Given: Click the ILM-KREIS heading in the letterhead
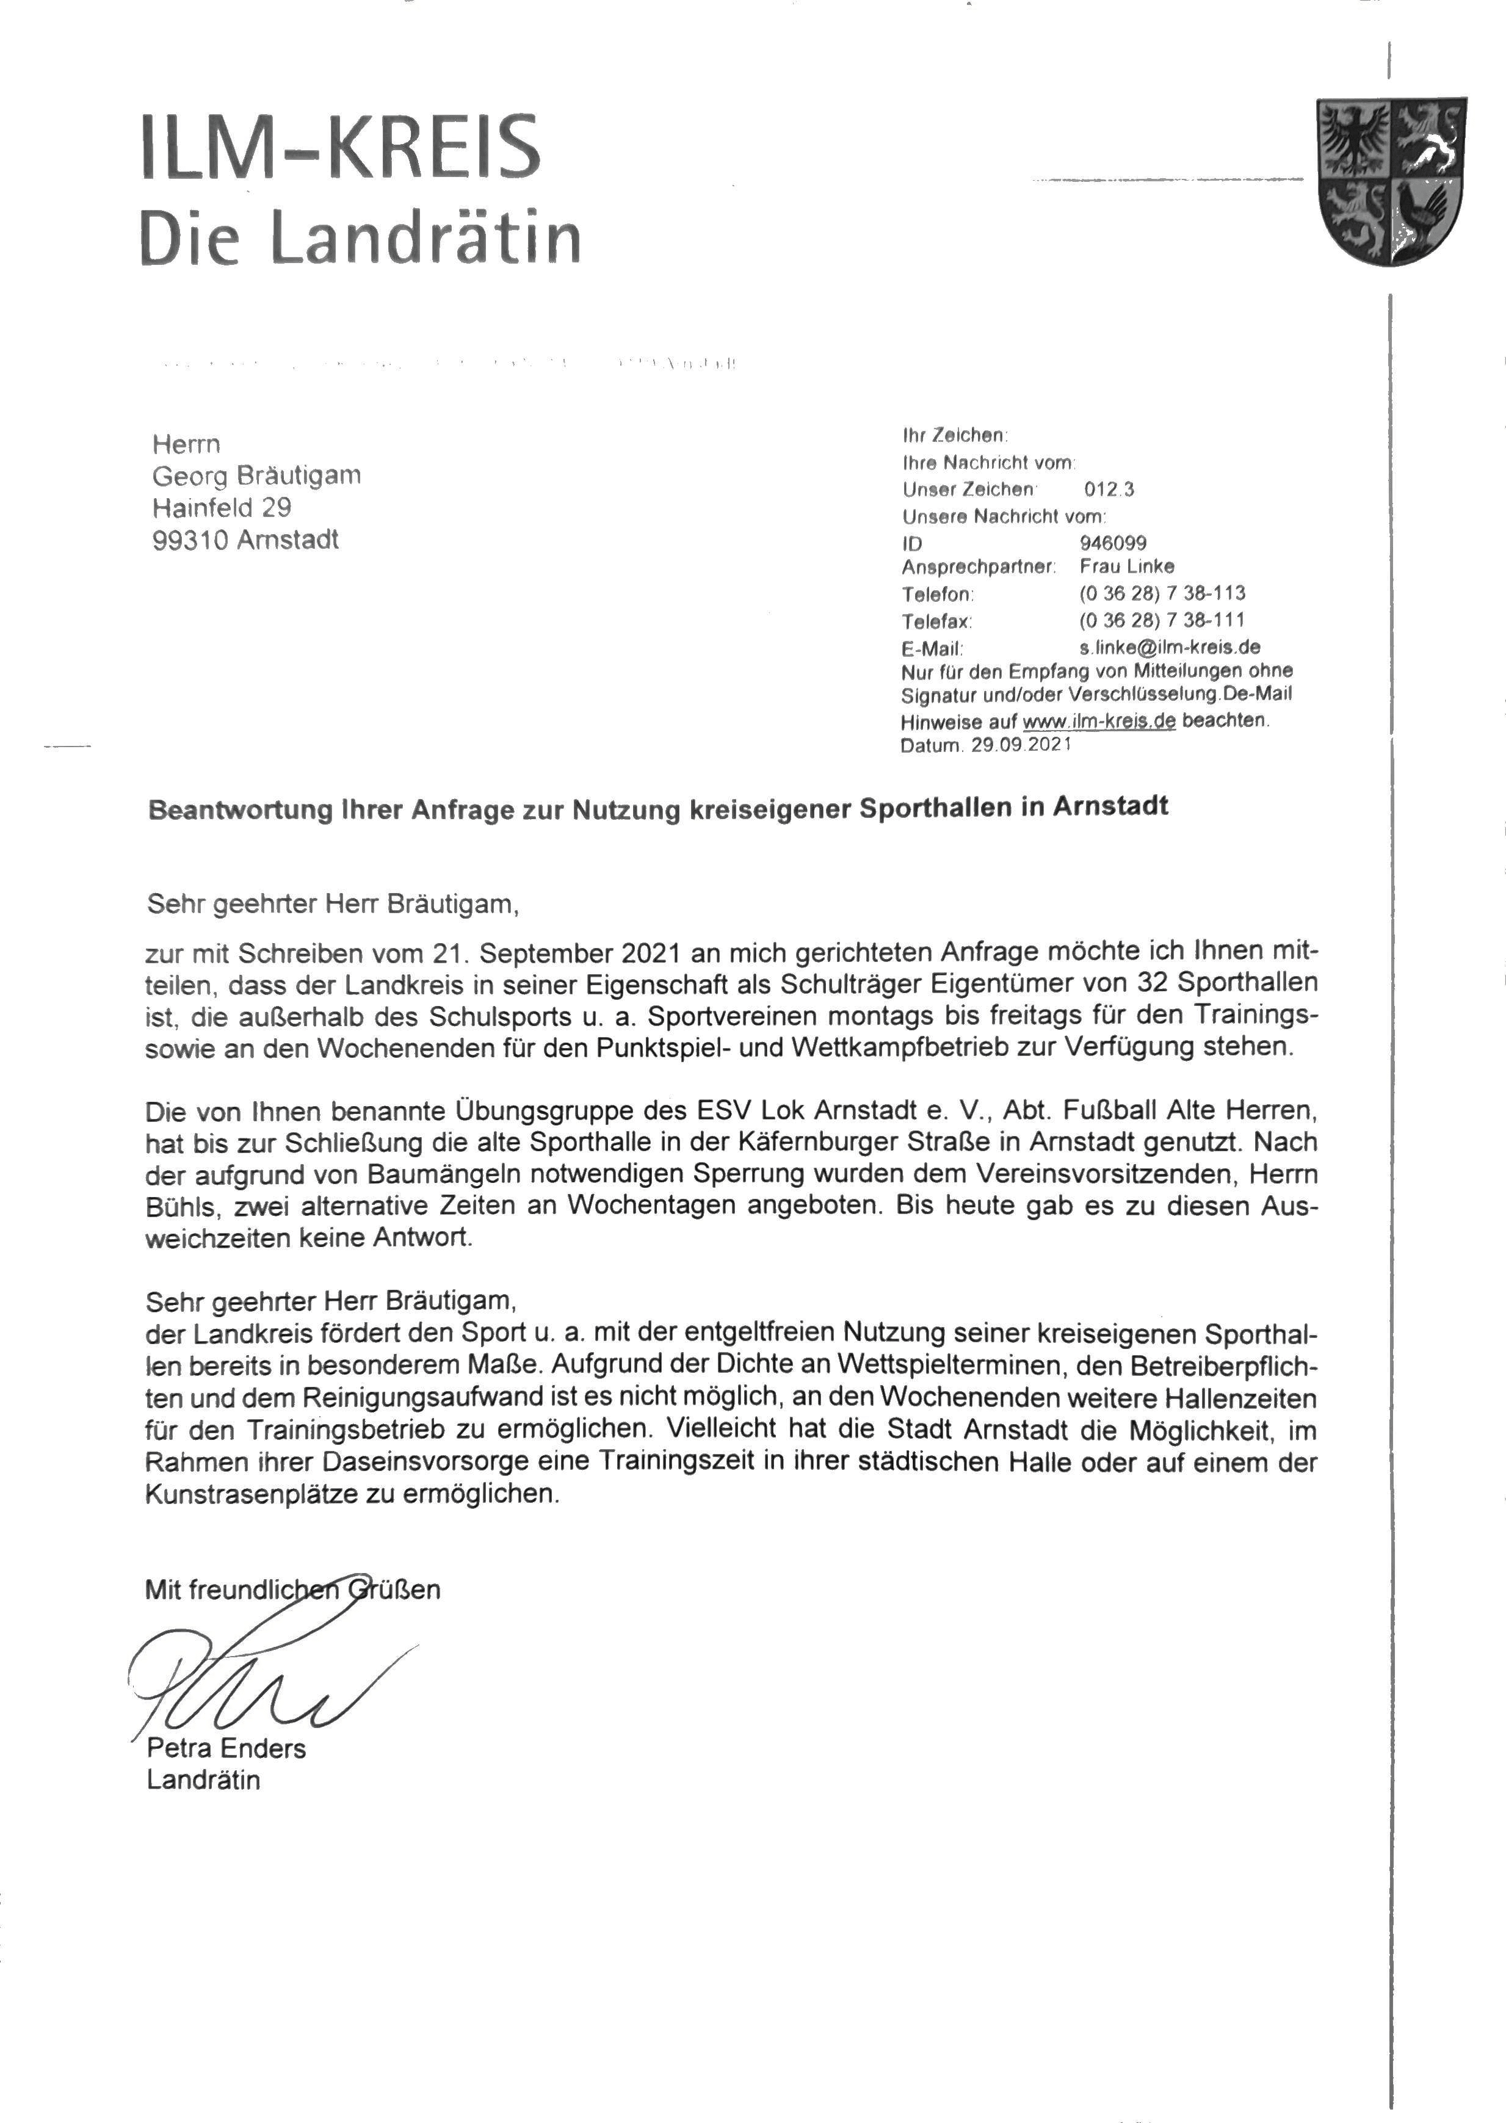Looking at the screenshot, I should tap(339, 148).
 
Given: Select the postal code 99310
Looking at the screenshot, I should tap(190, 540).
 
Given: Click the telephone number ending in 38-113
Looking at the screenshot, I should tap(1162, 593).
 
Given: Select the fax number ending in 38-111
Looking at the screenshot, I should tap(1162, 620).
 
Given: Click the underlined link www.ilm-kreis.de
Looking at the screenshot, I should tap(1099, 720).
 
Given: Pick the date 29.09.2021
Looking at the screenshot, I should tap(1021, 745).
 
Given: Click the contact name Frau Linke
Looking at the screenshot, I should tap(1127, 566).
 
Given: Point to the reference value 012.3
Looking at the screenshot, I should tap(1108, 490).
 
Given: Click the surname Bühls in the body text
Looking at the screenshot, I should tap(183, 1206).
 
